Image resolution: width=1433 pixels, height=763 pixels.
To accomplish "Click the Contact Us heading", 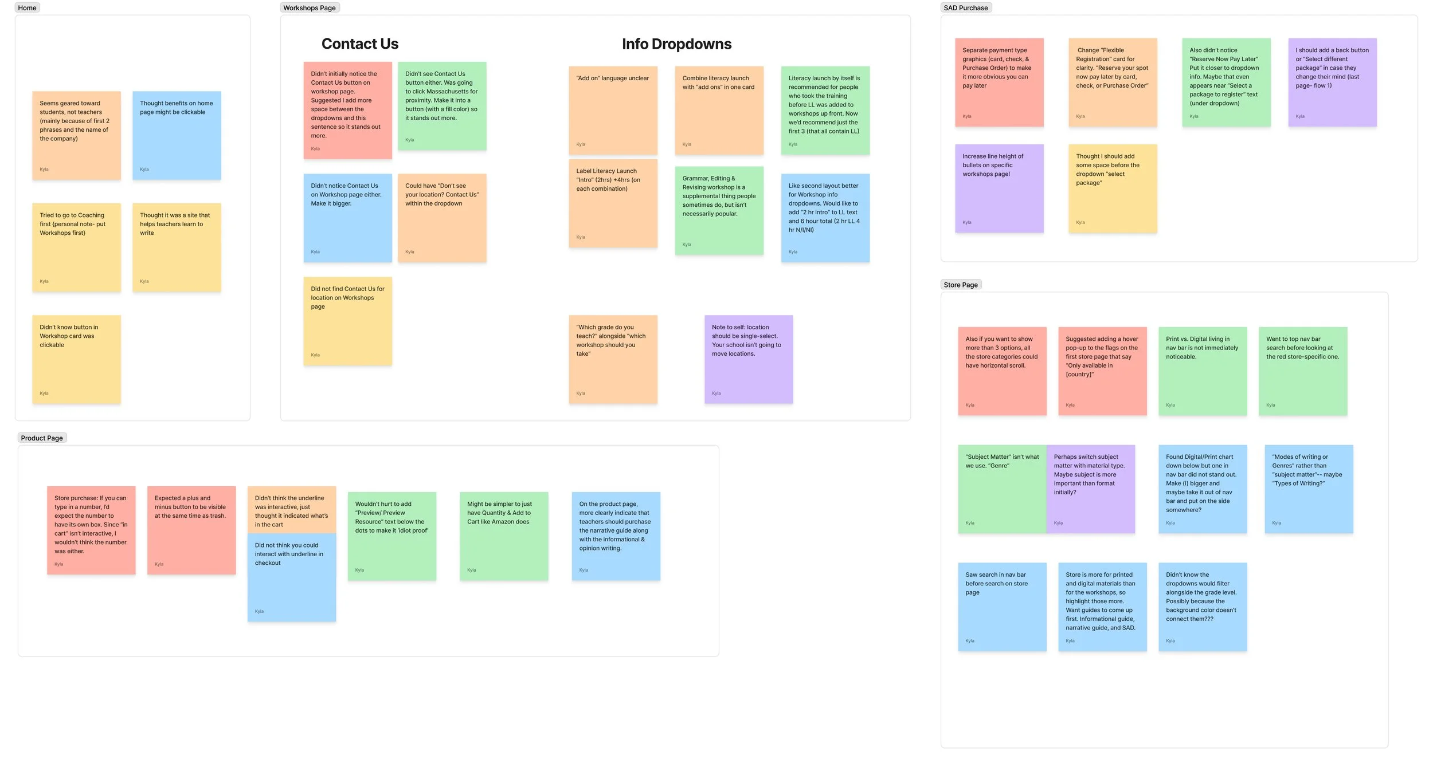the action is (x=359, y=44).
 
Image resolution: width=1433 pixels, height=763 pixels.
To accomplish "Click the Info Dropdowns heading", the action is (x=676, y=44).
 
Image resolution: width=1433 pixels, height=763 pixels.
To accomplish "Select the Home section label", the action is (x=27, y=8).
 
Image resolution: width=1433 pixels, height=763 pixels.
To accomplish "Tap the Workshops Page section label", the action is (x=310, y=8).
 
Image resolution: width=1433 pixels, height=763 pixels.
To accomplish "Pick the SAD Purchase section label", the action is (x=966, y=8).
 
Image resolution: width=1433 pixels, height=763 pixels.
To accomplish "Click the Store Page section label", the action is (x=961, y=285).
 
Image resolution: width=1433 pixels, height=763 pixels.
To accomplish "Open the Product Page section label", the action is (x=42, y=438).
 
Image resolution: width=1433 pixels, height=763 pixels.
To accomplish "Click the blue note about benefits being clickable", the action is (x=177, y=136).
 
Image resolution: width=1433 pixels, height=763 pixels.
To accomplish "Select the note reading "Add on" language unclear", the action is (x=613, y=111).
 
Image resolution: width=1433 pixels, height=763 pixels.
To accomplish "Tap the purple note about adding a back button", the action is (x=1332, y=82).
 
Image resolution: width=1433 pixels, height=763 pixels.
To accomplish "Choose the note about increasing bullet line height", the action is (x=999, y=188).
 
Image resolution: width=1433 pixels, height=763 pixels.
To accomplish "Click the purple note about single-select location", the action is (x=749, y=359).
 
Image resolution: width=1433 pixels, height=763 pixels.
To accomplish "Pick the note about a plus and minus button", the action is (x=191, y=530).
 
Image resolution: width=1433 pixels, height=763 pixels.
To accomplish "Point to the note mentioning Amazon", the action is (x=504, y=536).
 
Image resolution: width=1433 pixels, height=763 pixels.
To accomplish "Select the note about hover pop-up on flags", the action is (x=1102, y=371).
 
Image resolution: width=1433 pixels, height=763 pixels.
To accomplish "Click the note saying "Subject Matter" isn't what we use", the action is (x=1001, y=489).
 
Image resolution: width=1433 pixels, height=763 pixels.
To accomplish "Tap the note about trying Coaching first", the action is (x=76, y=247).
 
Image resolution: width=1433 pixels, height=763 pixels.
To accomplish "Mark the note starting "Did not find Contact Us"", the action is (x=347, y=321).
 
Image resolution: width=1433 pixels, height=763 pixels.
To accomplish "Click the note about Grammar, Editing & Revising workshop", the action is (x=719, y=210).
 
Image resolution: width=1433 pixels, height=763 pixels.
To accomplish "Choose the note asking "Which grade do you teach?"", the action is (x=613, y=359).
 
